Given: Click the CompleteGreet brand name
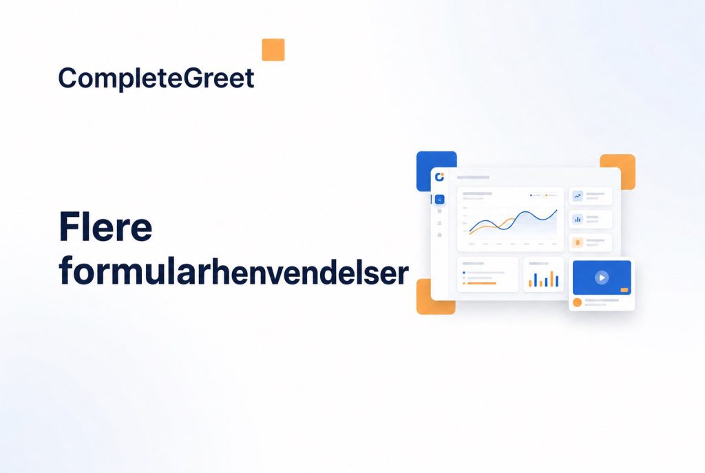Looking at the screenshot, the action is (156, 78).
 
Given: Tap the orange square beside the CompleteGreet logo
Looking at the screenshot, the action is (273, 50).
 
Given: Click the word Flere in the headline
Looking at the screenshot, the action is (105, 227).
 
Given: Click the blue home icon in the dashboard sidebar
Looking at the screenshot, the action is (439, 199).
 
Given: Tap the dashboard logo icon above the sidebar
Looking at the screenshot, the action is (440, 177).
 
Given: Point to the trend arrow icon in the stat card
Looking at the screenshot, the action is (578, 196).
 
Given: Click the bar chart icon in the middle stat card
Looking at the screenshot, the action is (578, 219).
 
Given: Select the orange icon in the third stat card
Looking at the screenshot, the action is (578, 243).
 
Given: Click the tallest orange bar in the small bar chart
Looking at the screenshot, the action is (551, 279).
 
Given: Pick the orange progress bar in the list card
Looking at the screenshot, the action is (481, 283).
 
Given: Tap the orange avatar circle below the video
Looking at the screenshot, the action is (578, 302).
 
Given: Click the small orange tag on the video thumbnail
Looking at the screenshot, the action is (624, 290).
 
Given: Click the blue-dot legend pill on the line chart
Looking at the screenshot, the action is (535, 195).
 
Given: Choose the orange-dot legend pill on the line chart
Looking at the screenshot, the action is (551, 195).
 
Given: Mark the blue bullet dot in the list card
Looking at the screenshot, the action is (464, 273).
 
